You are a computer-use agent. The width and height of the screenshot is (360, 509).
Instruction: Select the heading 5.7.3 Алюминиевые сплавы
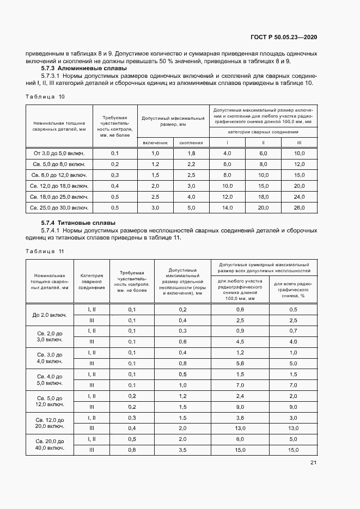84,69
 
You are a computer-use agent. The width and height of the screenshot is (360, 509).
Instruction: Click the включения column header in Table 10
155,142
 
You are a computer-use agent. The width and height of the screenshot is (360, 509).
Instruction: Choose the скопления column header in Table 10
191,142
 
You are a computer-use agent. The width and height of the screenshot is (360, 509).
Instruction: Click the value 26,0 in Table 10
299,208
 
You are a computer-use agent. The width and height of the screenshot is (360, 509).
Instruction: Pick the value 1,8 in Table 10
191,154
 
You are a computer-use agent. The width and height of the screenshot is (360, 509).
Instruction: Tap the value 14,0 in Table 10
227,208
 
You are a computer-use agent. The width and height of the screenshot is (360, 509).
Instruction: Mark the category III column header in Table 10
299,142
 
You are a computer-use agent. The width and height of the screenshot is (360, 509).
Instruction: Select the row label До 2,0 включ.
50,315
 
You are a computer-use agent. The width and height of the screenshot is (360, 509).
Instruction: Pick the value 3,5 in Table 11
182,450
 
